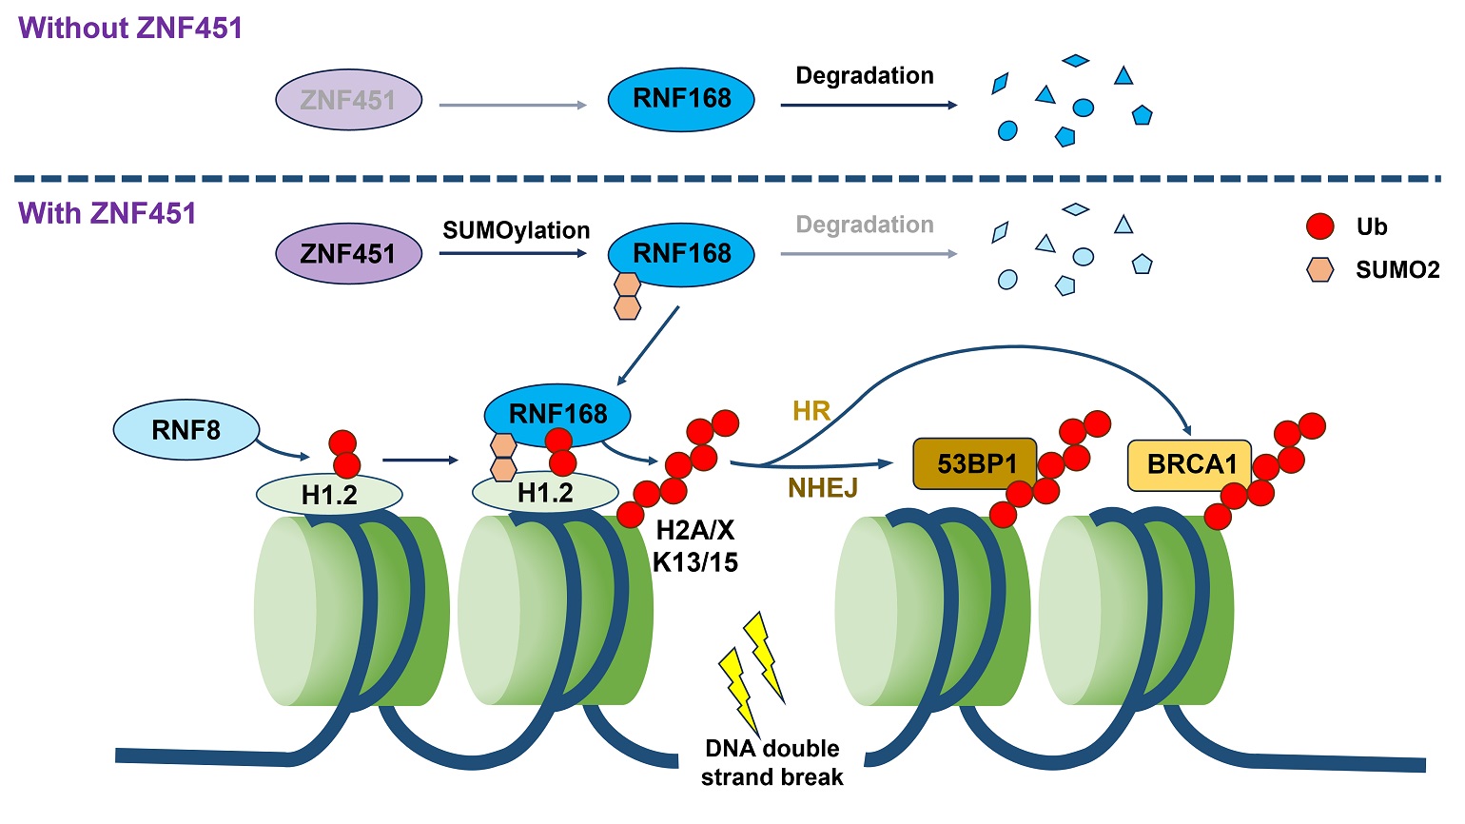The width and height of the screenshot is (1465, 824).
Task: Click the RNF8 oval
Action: point(186,430)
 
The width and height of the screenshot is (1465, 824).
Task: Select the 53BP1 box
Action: point(975,464)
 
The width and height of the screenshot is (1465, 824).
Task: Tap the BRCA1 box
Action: point(1189,464)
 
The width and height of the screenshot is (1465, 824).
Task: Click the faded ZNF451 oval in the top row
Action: point(348,100)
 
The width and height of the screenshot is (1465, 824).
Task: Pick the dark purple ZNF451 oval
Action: point(348,254)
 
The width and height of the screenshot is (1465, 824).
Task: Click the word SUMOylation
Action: point(516,231)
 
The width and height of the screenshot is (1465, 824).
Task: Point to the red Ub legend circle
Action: point(1320,226)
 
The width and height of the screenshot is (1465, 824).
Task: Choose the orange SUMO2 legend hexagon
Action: point(1320,270)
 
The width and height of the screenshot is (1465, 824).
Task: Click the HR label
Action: point(811,411)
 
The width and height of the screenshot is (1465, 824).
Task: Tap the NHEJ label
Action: point(822,488)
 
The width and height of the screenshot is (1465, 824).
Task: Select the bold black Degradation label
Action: point(864,76)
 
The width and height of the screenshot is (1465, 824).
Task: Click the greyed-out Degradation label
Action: point(864,226)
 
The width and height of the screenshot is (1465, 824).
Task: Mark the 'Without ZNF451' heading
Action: point(130,29)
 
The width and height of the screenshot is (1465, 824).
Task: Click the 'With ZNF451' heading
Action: point(107,213)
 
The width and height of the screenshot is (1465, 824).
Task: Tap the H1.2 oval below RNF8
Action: point(329,495)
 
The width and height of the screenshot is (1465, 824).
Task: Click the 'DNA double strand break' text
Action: point(772,763)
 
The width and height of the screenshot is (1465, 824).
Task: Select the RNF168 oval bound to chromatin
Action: point(557,414)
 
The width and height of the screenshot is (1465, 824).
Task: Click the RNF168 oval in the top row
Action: point(681,99)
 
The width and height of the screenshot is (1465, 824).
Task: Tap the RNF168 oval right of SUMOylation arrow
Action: point(681,254)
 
